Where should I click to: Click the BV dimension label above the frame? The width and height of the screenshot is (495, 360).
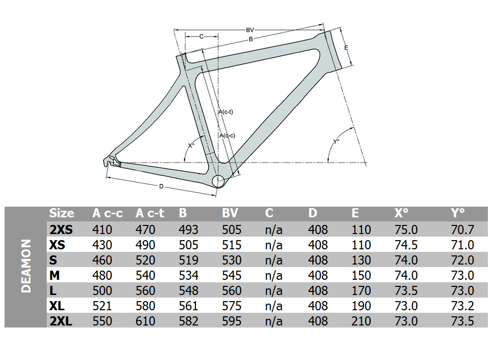pos(250,30)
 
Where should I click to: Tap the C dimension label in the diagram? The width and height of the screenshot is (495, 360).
pos(202,37)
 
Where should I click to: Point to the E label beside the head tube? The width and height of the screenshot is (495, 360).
pos(346,48)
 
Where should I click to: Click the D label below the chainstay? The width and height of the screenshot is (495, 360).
pos(161,187)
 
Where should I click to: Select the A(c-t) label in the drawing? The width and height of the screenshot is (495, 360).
pos(226,112)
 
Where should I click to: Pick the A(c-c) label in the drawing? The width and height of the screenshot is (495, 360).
pos(227,136)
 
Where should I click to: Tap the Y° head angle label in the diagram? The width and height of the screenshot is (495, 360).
pos(336,142)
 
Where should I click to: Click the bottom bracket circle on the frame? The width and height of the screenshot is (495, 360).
pos(218,182)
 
